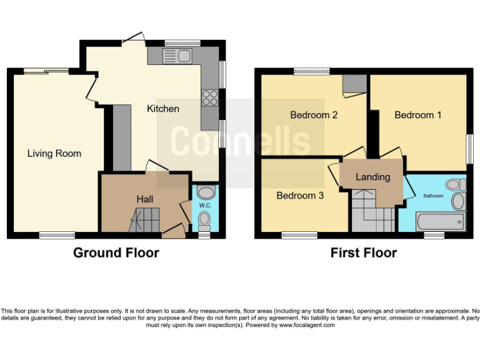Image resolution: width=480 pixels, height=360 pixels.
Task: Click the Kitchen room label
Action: tap(162, 109)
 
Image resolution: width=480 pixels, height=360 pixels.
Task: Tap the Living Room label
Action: tap(54, 153)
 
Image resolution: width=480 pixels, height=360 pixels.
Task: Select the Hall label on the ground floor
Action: tap(146, 199)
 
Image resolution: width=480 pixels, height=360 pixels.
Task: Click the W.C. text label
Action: tap(205, 205)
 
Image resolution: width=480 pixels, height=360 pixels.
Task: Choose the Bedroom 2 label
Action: tap(314, 115)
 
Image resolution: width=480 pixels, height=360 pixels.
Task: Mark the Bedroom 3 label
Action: tap(300, 196)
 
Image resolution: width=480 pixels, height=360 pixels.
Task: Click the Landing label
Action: tap(373, 177)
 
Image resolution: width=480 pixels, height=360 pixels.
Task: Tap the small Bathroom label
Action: tap(433, 196)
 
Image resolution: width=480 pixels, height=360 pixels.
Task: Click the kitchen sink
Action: tap(178, 56)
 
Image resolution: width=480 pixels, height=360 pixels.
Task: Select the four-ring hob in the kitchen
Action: tap(209, 97)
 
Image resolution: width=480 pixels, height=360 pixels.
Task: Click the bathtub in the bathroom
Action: tap(441, 221)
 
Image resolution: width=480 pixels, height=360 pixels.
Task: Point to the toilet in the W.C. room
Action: tap(204, 221)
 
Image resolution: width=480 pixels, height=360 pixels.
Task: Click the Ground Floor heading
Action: tap(116, 253)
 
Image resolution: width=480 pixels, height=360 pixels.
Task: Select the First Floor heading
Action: tap(364, 253)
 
